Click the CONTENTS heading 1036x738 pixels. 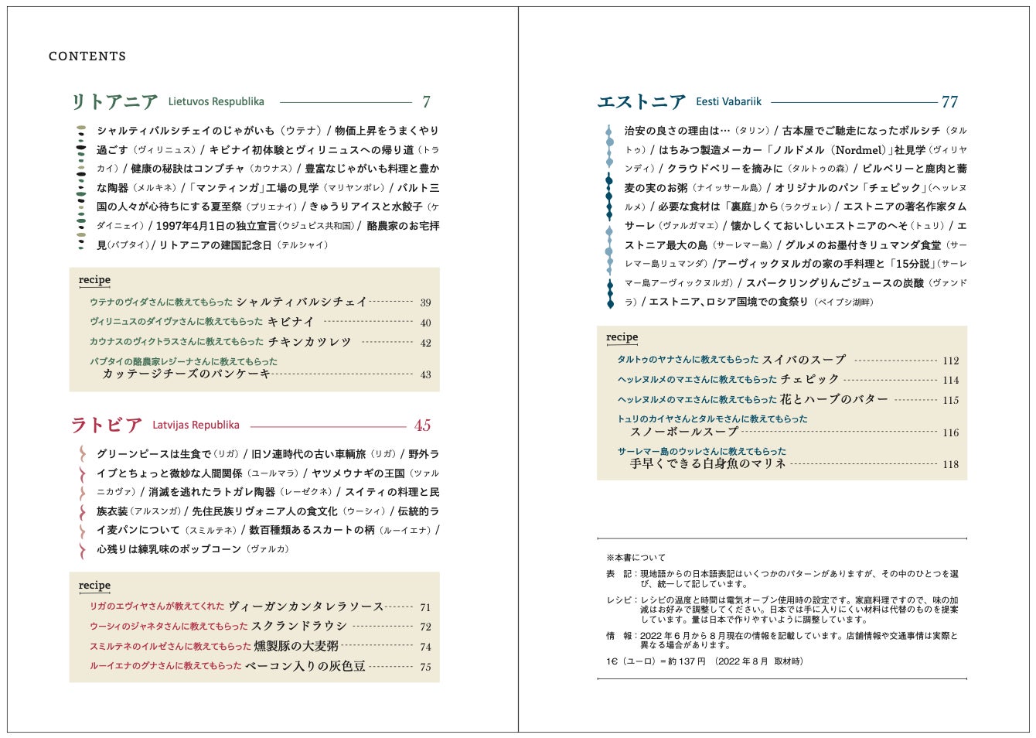[87, 56]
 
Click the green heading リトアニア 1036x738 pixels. [114, 102]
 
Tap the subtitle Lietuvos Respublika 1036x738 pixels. [216, 102]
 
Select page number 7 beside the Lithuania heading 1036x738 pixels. [426, 102]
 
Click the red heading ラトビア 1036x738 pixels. [107, 425]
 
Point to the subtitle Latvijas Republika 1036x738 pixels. [196, 425]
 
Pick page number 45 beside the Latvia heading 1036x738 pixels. [422, 425]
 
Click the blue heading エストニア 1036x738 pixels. [642, 102]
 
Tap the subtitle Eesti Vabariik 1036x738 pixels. [728, 102]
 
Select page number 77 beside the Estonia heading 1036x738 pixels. [949, 102]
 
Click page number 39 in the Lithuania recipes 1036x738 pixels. [425, 302]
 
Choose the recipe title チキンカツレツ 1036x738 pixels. [309, 342]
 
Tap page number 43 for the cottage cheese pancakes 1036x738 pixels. [425, 374]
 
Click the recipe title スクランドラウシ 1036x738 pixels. [299, 626]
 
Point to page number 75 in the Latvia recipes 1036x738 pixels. [425, 667]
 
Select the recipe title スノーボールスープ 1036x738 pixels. [684, 432]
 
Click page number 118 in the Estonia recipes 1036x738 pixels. [950, 464]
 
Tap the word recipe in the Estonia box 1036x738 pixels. [622, 337]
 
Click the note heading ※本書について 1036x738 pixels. [636, 558]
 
